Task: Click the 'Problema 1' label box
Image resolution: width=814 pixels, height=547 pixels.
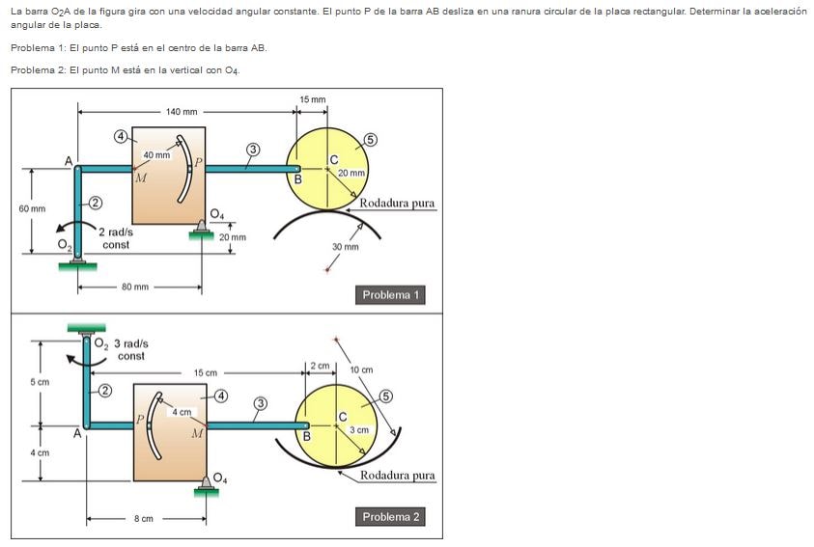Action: (391, 295)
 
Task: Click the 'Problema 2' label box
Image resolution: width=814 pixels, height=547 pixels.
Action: (391, 517)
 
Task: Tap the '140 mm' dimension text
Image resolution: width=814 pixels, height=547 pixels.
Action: (181, 112)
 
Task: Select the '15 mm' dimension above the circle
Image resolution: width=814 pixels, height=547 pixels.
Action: (313, 100)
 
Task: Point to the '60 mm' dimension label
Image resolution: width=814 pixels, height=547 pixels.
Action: (32, 208)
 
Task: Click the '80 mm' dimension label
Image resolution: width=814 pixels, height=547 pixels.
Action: (135, 287)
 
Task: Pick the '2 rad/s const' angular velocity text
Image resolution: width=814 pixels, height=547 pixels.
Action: (116, 238)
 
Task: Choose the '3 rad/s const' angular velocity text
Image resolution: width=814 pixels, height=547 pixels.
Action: (130, 349)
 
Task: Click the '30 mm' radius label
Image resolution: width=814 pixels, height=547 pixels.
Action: (345, 247)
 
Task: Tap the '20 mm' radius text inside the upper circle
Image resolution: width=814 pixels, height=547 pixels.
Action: (351, 173)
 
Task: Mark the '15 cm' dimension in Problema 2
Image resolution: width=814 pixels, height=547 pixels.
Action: (206, 372)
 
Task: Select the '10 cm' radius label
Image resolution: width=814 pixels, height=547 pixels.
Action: (361, 369)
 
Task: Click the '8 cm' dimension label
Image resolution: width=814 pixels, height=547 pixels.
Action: (143, 519)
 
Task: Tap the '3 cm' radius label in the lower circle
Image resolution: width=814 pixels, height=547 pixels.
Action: (359, 429)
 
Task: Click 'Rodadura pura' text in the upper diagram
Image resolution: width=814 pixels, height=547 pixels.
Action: (397, 204)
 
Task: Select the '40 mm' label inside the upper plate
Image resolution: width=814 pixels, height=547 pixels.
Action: (156, 155)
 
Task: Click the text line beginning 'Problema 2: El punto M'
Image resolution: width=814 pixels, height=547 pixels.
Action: (126, 69)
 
